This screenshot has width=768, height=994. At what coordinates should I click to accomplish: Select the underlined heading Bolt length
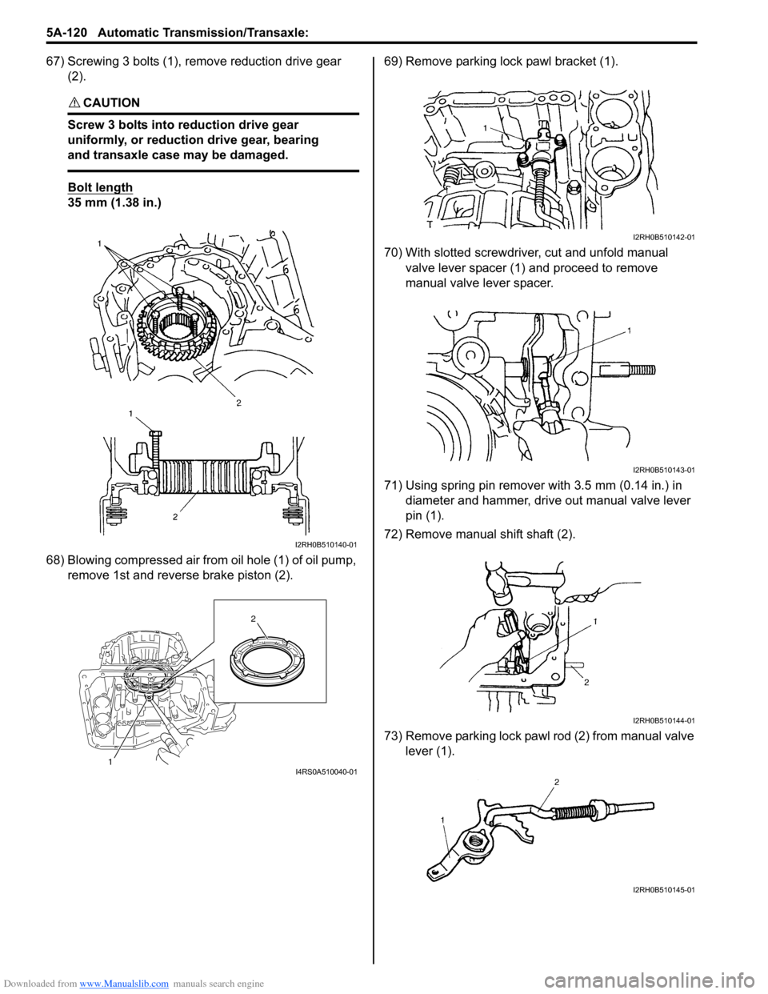click(x=100, y=187)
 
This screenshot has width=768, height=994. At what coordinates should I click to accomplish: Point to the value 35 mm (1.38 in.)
click(x=114, y=202)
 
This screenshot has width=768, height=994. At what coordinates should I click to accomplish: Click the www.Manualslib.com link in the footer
click(x=124, y=984)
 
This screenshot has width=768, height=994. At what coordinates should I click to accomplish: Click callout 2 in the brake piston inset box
click(x=253, y=619)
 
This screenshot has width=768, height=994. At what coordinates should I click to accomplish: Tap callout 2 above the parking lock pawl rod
click(x=556, y=780)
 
